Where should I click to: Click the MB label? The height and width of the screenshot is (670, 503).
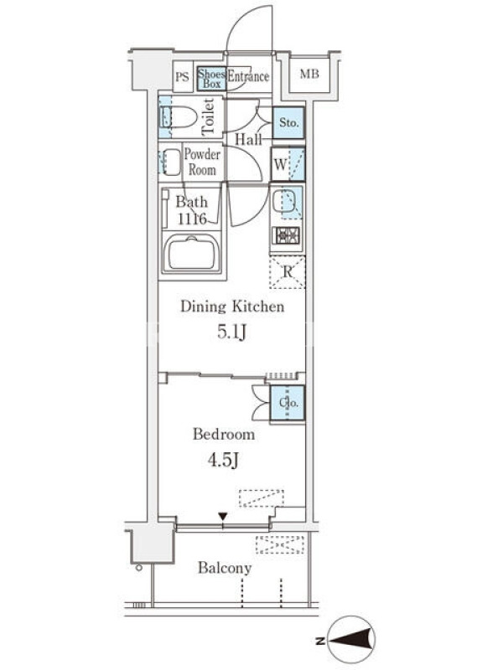[309, 75]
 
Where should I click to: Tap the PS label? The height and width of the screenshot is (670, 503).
[182, 77]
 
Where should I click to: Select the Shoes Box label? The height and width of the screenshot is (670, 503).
[212, 79]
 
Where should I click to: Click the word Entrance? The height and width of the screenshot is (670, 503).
[248, 76]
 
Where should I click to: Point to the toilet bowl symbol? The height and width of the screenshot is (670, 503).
[178, 117]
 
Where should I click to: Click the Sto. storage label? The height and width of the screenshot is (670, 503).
[288, 122]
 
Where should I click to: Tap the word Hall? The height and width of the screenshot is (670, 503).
[248, 139]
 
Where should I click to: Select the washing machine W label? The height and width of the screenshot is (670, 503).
[280, 164]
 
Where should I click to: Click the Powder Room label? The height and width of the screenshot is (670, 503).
[202, 162]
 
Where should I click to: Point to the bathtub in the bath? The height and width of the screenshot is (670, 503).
[192, 254]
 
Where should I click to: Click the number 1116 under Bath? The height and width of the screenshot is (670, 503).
[192, 219]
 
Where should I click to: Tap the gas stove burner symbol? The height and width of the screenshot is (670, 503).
[287, 235]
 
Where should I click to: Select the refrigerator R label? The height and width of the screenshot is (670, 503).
[288, 271]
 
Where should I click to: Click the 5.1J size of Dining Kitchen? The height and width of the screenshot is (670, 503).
[232, 332]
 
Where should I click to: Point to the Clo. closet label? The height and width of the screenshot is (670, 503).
[288, 403]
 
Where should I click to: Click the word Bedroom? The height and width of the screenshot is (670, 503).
[224, 435]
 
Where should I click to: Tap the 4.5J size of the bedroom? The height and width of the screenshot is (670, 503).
[223, 460]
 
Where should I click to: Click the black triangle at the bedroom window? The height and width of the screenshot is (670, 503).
[223, 516]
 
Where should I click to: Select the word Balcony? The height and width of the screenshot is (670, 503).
[225, 568]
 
